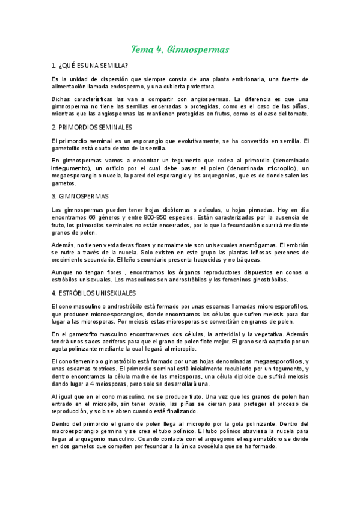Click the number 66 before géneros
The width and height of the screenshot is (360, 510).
92,217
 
